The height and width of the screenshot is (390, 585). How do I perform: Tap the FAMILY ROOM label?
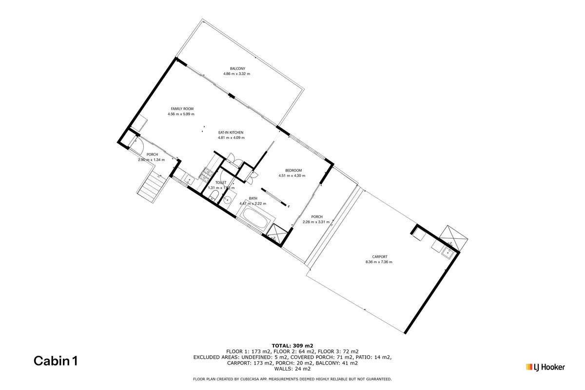pos(182,109)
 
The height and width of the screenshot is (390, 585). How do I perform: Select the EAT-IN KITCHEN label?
pos(231,133)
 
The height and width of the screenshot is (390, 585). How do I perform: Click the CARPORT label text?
pos(379,257)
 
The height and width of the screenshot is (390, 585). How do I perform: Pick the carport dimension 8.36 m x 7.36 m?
pos(379,262)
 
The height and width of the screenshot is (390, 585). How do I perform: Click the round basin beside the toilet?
pos(227,200)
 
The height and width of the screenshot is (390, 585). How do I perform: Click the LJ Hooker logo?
pos(545,367)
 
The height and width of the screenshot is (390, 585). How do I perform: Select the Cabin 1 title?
pos(55,361)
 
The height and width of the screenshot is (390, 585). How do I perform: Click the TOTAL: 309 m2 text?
pos(292,345)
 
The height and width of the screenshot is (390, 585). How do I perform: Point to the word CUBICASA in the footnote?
pos(256,379)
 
